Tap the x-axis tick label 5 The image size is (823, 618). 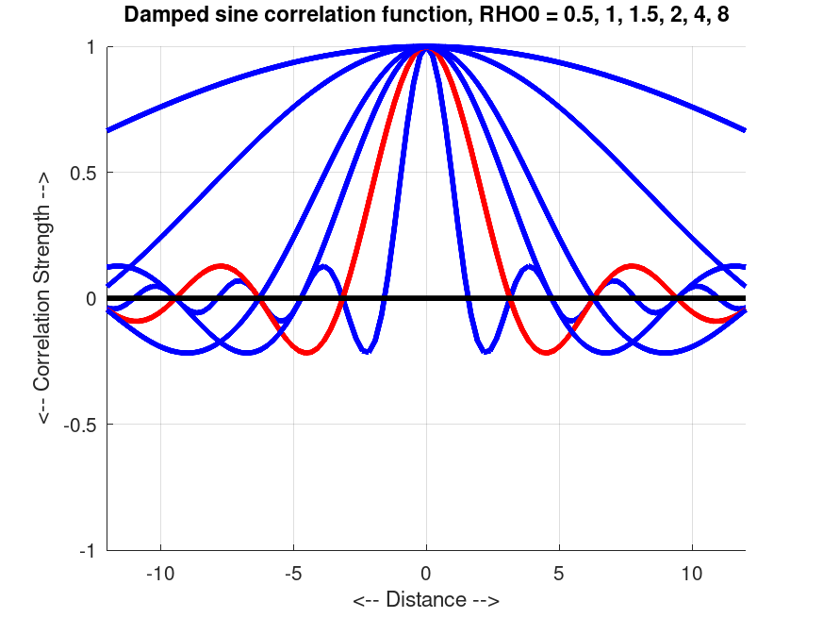(559, 573)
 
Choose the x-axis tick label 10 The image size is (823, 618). (692, 573)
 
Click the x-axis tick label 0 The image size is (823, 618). (426, 573)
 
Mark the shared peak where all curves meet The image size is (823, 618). (426, 45)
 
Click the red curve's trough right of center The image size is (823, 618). (546, 353)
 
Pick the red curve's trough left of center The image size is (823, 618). (306, 353)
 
